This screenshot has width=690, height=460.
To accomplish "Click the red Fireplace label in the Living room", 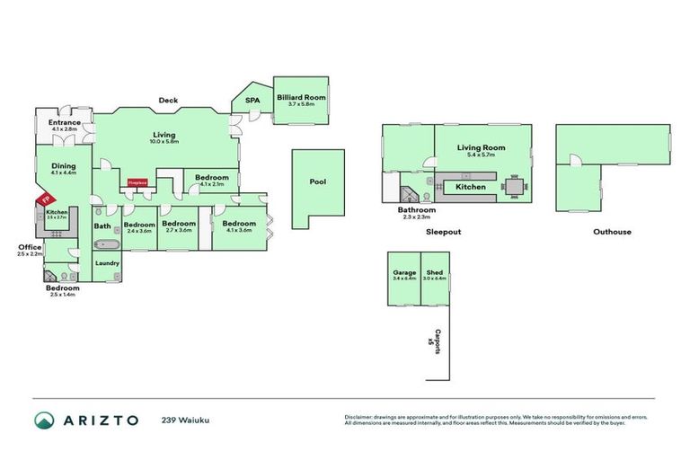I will (x=137, y=181).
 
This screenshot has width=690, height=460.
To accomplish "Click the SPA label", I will (x=252, y=101).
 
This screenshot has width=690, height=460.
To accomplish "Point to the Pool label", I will (x=317, y=181).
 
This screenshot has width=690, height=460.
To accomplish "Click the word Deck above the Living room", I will (x=167, y=100).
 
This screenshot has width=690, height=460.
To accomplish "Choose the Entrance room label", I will (x=65, y=123).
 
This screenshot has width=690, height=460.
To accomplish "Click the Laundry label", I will (x=107, y=263).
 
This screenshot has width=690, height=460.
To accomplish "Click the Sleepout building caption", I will (x=443, y=231).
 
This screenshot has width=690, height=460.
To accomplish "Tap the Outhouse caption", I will (x=612, y=231).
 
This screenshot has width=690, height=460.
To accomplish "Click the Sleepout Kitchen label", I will (x=471, y=187).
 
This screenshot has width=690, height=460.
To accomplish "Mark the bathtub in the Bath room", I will (x=109, y=243).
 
